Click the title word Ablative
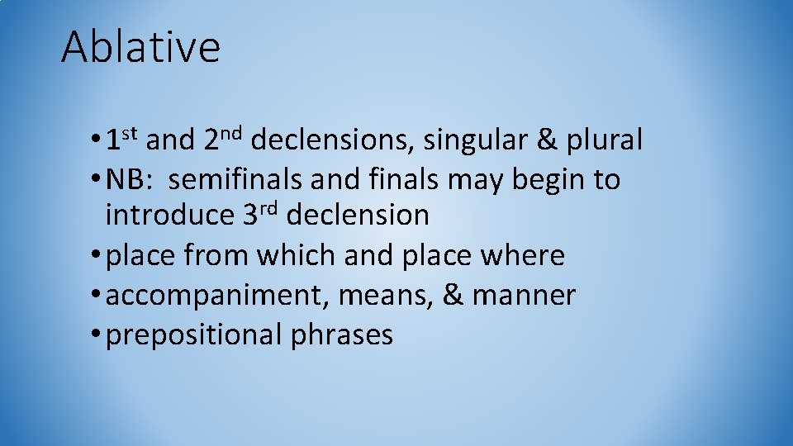point(140,47)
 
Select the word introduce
point(170,216)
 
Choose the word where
point(526,256)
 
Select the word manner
point(524,297)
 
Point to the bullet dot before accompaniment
point(98,296)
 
